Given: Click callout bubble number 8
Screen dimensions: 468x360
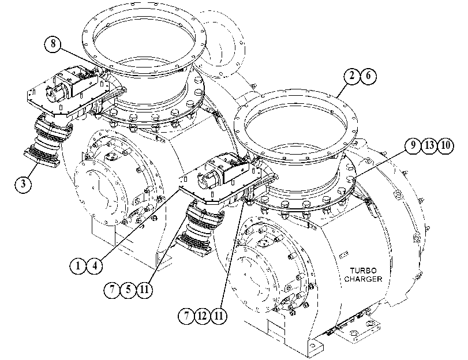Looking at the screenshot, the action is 53,44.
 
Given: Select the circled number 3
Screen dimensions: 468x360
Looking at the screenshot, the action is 23,184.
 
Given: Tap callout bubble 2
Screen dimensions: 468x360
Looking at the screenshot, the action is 352,76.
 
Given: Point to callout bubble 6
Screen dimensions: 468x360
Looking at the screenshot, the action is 368,76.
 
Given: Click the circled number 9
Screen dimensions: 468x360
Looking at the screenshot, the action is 413,145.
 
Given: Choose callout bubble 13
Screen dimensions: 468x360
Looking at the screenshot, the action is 429,145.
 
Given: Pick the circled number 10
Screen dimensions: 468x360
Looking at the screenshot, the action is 445,145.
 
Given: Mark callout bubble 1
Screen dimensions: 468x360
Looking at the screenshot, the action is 78,265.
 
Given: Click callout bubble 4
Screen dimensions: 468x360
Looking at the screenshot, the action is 94,265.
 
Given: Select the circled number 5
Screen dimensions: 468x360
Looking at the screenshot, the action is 128,290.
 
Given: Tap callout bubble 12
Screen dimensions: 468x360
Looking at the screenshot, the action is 203,316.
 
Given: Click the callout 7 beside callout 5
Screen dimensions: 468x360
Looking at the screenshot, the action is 112,290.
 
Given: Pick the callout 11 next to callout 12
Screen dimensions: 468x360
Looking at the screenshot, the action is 219,316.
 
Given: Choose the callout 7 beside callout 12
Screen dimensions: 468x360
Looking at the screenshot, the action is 186,316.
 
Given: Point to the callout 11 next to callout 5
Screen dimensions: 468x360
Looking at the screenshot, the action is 144,290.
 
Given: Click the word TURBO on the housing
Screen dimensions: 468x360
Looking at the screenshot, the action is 363,271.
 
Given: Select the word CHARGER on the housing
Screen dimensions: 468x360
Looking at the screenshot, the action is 363,279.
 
